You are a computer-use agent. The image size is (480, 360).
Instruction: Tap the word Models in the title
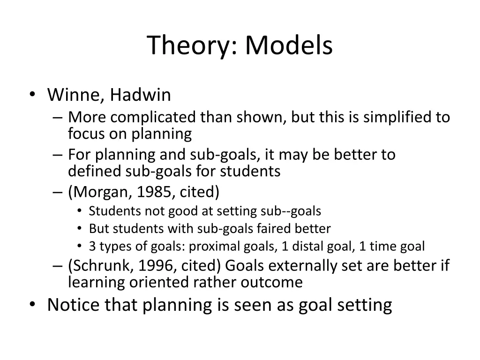[288, 46]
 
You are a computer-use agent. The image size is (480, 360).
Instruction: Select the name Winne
[75, 96]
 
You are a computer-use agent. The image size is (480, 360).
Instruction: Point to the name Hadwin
[141, 96]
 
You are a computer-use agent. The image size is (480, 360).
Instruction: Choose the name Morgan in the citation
[97, 192]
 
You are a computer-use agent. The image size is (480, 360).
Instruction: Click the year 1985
[151, 192]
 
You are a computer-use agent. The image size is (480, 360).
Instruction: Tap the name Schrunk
[101, 266]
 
